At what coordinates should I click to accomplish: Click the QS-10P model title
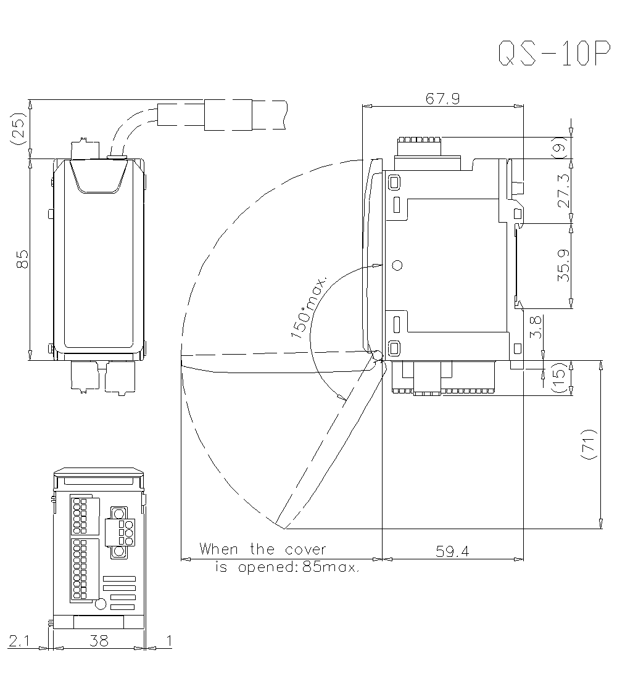click(x=549, y=54)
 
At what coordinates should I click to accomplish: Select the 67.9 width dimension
click(x=442, y=99)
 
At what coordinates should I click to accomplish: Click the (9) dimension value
click(x=560, y=149)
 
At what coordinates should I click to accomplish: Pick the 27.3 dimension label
click(x=563, y=192)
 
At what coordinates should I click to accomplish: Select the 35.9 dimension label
click(x=563, y=266)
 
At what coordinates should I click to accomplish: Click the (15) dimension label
click(x=560, y=377)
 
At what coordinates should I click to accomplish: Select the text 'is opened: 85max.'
click(x=287, y=567)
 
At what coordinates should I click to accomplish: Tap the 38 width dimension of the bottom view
click(x=98, y=641)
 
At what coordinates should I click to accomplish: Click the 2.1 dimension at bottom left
click(x=19, y=641)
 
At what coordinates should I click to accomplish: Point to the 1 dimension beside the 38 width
click(x=168, y=641)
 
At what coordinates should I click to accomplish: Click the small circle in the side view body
click(x=397, y=266)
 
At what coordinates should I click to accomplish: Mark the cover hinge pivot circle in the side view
click(x=377, y=356)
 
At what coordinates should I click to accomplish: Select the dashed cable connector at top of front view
click(x=228, y=115)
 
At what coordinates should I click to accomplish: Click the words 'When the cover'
click(x=262, y=549)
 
